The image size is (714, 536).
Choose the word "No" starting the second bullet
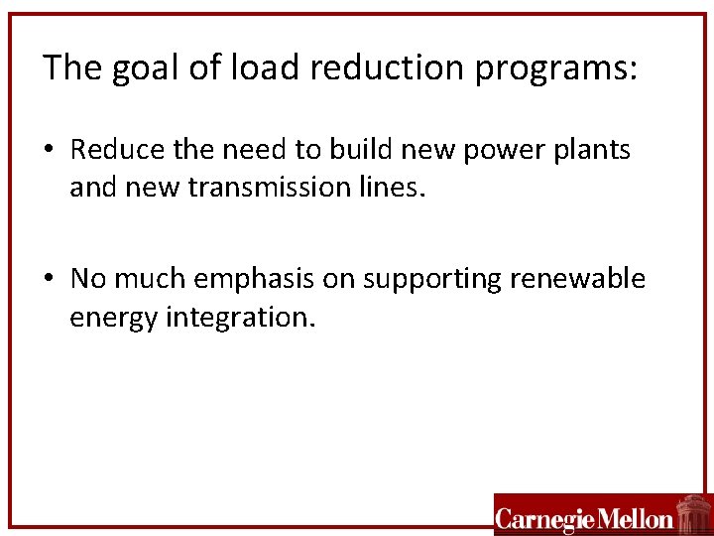point(88,279)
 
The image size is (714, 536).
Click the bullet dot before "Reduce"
point(49,151)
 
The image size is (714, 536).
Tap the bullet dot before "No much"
point(49,280)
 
